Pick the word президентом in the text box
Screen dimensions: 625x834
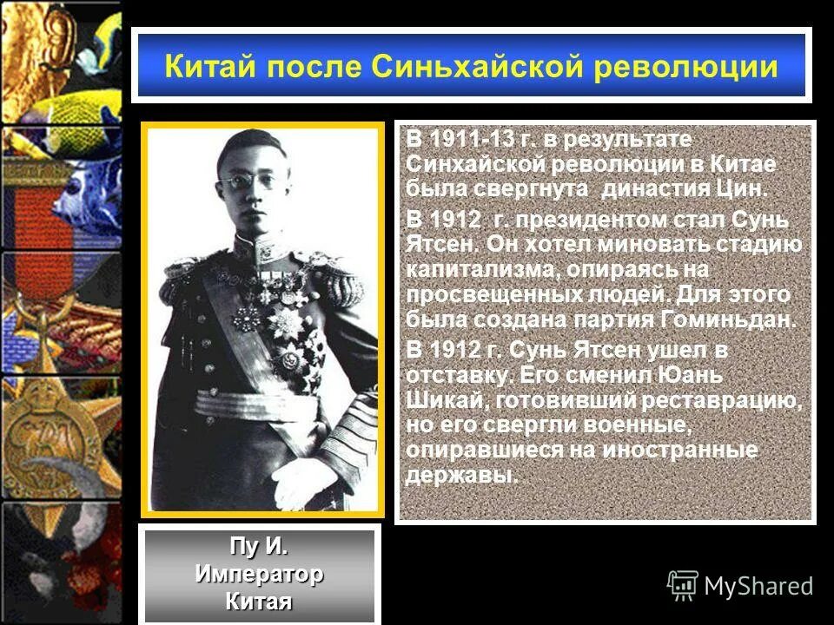pos(590,220)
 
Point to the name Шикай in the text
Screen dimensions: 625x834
pos(438,401)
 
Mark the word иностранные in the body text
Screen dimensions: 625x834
pos(680,451)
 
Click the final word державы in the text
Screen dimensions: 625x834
pos(460,476)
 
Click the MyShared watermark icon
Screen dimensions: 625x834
pos(683,586)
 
